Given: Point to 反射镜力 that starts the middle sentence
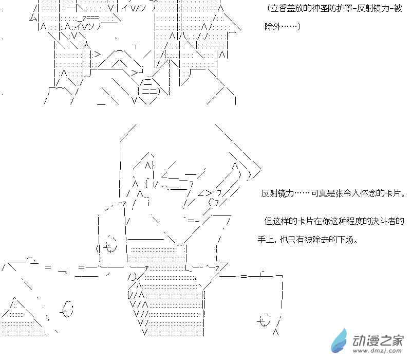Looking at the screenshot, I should [277, 194].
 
